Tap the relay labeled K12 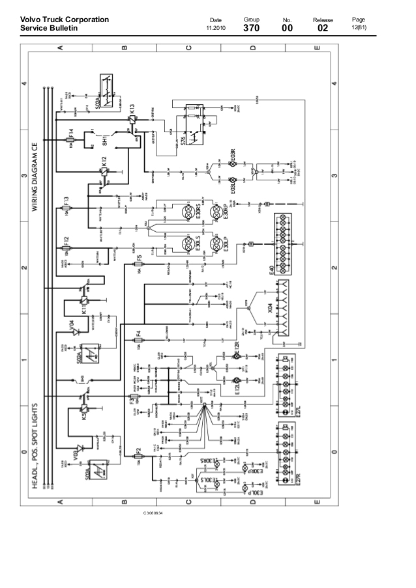[x=102, y=171]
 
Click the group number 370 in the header [x=252, y=28]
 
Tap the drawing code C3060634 [x=155, y=514]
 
